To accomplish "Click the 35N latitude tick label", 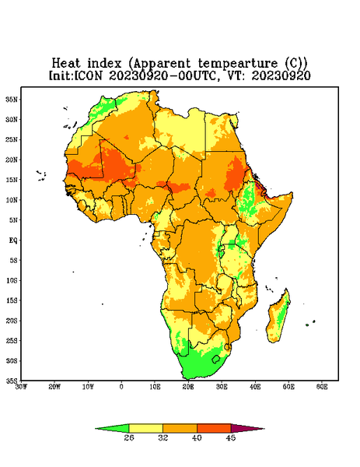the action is tap(12, 100).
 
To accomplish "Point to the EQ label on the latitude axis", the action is tap(13, 240).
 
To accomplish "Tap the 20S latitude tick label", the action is tap(12, 321).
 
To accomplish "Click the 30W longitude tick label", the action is tap(21, 387).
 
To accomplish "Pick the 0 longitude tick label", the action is tap(121, 387).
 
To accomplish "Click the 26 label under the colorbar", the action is tap(129, 437).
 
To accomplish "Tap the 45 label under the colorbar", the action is tap(231, 437).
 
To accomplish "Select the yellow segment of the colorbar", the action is tap(145, 429).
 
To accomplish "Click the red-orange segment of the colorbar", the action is tap(214, 429).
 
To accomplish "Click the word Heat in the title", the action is tap(66, 64).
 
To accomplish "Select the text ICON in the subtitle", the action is tap(88, 75).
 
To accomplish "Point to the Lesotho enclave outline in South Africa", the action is tap(212, 360).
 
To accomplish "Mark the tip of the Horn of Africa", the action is tap(292, 193).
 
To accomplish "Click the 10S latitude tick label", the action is tap(12, 280).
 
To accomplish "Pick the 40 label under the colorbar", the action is tap(197, 437).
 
